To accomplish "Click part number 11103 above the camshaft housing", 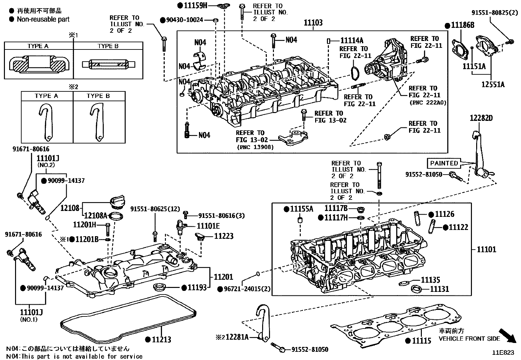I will click(313, 23).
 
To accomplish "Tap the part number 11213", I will click(161, 339).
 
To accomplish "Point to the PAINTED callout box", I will click(444, 163).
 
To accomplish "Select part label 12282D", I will click(481, 118).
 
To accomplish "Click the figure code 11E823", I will click(503, 353).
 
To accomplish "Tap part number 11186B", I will click(462, 25).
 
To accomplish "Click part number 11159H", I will click(196, 5).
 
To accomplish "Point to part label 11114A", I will click(352, 41).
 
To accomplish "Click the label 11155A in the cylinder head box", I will click(301, 209).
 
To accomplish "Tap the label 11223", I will click(224, 236).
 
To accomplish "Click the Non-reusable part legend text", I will click(43, 19).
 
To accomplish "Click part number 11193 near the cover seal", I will click(197, 288).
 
